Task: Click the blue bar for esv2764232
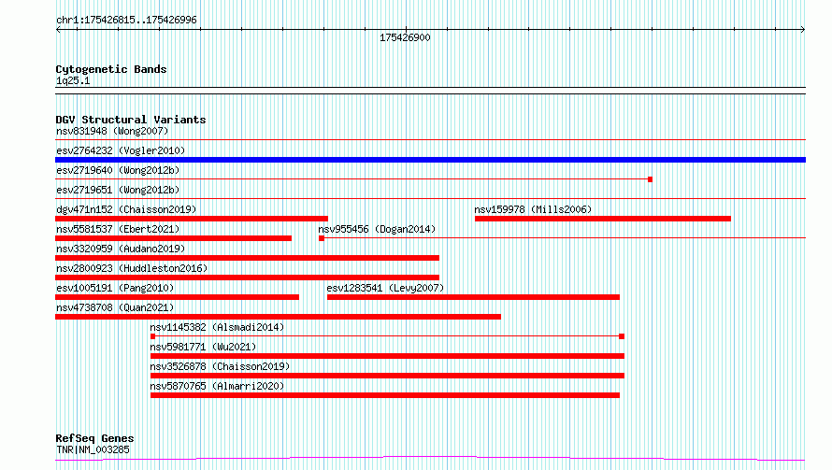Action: tap(430, 160)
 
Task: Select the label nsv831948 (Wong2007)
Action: tap(112, 131)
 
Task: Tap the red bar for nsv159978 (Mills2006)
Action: tap(603, 219)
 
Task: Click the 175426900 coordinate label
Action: tap(405, 37)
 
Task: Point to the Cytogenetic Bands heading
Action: tap(111, 69)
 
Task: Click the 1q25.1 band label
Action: tap(73, 80)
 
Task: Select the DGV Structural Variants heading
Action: tap(131, 120)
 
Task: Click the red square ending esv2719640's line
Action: tap(650, 179)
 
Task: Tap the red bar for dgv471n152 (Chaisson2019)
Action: tap(192, 219)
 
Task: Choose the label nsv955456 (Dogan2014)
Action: tap(377, 229)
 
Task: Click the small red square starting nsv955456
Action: tap(322, 238)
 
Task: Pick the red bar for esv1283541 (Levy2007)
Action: tap(473, 297)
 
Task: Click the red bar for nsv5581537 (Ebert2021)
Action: tap(174, 238)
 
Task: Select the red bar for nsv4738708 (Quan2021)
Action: tap(278, 317)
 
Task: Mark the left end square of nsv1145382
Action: tap(152, 336)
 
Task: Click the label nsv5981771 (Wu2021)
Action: tap(203, 347)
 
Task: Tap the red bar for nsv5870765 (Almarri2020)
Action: tap(385, 395)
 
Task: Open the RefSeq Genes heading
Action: tap(94, 438)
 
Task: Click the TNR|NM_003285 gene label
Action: tap(93, 449)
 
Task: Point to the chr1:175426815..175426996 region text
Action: tap(126, 20)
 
